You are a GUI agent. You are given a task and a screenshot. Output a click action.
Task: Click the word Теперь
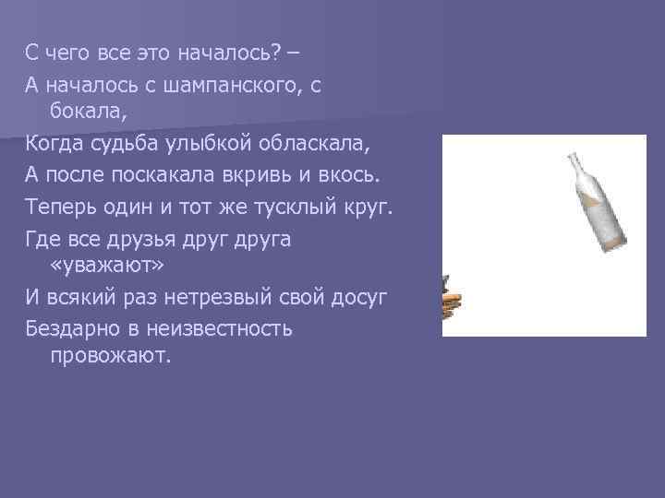pos(59,206)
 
